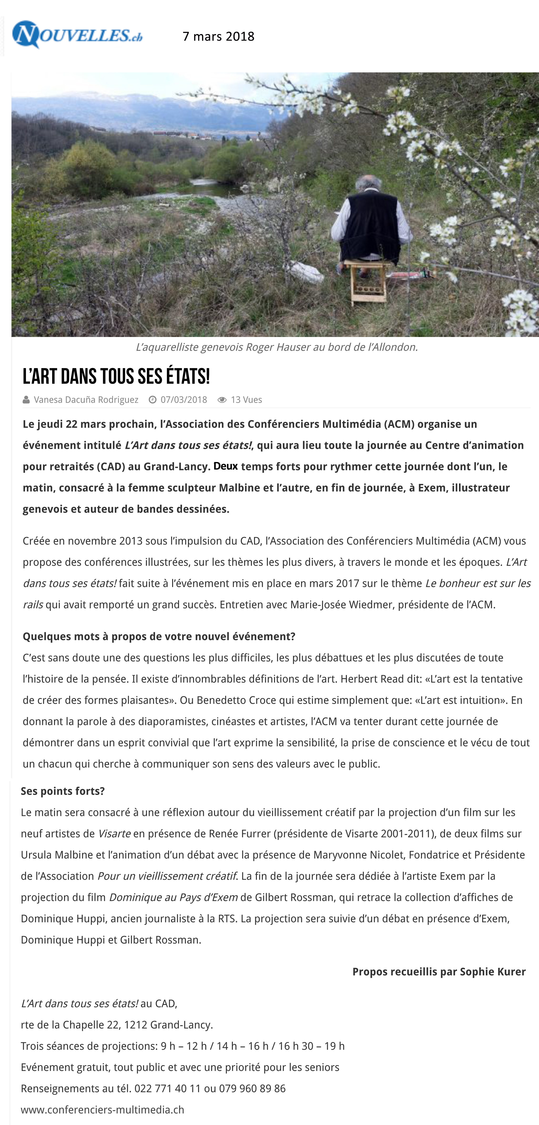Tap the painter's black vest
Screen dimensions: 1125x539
point(370,227)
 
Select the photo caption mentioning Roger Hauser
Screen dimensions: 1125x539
point(277,347)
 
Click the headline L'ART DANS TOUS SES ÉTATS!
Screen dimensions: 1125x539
point(116,377)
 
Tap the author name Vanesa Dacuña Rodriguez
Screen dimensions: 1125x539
point(86,400)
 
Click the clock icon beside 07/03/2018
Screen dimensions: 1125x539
point(152,400)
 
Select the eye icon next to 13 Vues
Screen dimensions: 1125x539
point(222,400)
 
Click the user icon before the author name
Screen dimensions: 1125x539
point(26,400)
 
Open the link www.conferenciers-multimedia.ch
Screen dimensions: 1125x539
point(103,1110)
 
